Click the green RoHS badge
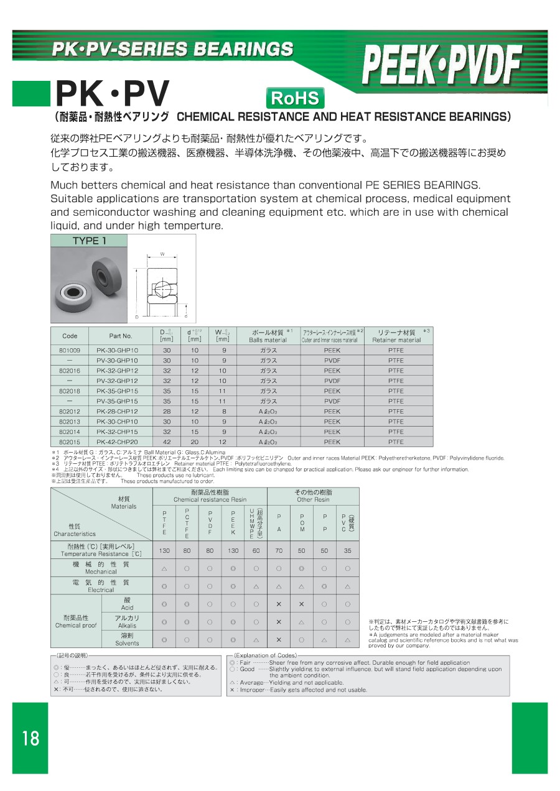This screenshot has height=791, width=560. click(296, 98)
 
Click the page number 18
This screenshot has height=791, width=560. click(30, 738)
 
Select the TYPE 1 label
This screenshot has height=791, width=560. click(89, 241)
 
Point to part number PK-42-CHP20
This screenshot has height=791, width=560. click(118, 442)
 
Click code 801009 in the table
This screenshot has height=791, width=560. click(70, 350)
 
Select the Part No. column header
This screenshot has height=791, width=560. click(121, 336)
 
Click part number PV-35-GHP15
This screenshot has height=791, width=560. click(118, 401)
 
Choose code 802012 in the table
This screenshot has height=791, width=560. click(70, 411)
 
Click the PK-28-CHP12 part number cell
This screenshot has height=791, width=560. click(118, 411)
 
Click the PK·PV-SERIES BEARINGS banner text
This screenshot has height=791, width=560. click(172, 49)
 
